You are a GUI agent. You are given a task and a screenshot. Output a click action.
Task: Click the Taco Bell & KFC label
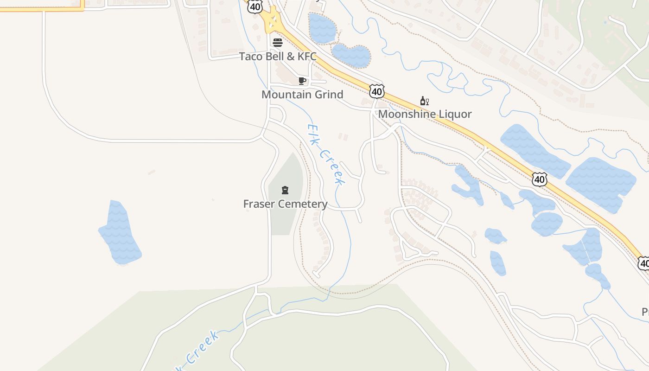pyautogui.click(x=278, y=57)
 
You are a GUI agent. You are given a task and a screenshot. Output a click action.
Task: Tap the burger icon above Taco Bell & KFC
pyautogui.click(x=278, y=43)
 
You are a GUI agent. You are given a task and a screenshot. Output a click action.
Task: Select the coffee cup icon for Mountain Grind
pyautogui.click(x=302, y=81)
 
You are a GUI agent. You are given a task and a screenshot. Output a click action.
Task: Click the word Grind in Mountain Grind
pyautogui.click(x=327, y=95)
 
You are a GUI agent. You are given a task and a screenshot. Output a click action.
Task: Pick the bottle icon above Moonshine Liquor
pyautogui.click(x=424, y=101)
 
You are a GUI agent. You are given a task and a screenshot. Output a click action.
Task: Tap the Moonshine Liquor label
pyautogui.click(x=425, y=114)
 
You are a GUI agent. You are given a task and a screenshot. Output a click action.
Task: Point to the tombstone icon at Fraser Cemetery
pyautogui.click(x=285, y=190)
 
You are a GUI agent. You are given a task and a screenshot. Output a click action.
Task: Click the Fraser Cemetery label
pyautogui.click(x=285, y=204)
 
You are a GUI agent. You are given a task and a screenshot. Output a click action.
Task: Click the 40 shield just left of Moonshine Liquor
pyautogui.click(x=376, y=91)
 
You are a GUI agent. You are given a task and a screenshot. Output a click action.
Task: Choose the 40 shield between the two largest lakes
pyautogui.click(x=539, y=179)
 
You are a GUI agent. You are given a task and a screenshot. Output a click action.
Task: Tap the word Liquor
pyautogui.click(x=455, y=114)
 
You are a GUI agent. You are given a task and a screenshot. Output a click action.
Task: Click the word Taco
pyautogui.click(x=250, y=57)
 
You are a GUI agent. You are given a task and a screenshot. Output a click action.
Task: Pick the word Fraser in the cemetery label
pyautogui.click(x=258, y=204)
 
